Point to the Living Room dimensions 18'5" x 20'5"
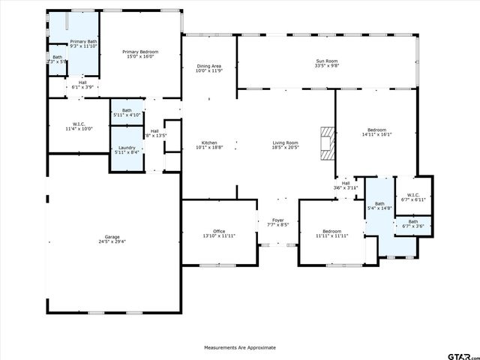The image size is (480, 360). (285, 148)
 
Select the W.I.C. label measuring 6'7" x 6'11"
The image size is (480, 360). (413, 196)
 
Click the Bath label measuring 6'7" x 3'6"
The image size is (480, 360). (413, 223)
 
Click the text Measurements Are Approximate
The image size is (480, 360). (240, 347)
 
